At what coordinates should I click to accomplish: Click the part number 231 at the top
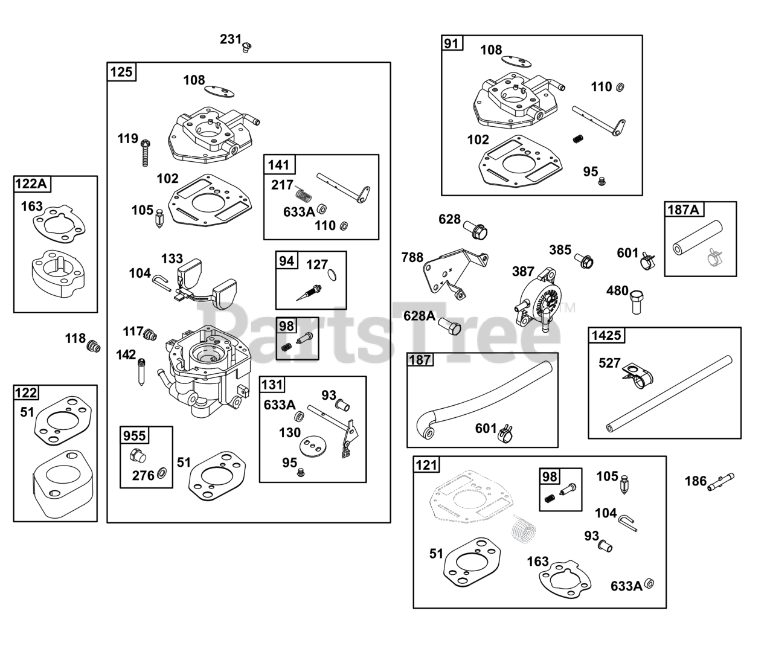231,39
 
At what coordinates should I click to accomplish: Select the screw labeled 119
145,153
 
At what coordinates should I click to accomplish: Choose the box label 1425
606,335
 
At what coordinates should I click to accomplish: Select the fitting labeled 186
720,482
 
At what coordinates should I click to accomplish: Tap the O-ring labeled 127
332,275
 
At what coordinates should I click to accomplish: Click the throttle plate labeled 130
313,446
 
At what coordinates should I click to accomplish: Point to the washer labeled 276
162,473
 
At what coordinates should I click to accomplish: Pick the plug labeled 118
94,346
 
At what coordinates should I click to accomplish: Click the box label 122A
32,184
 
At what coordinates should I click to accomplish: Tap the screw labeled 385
584,260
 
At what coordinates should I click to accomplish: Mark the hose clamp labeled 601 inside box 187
505,433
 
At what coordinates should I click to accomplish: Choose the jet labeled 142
141,372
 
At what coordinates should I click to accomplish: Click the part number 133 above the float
172,258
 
